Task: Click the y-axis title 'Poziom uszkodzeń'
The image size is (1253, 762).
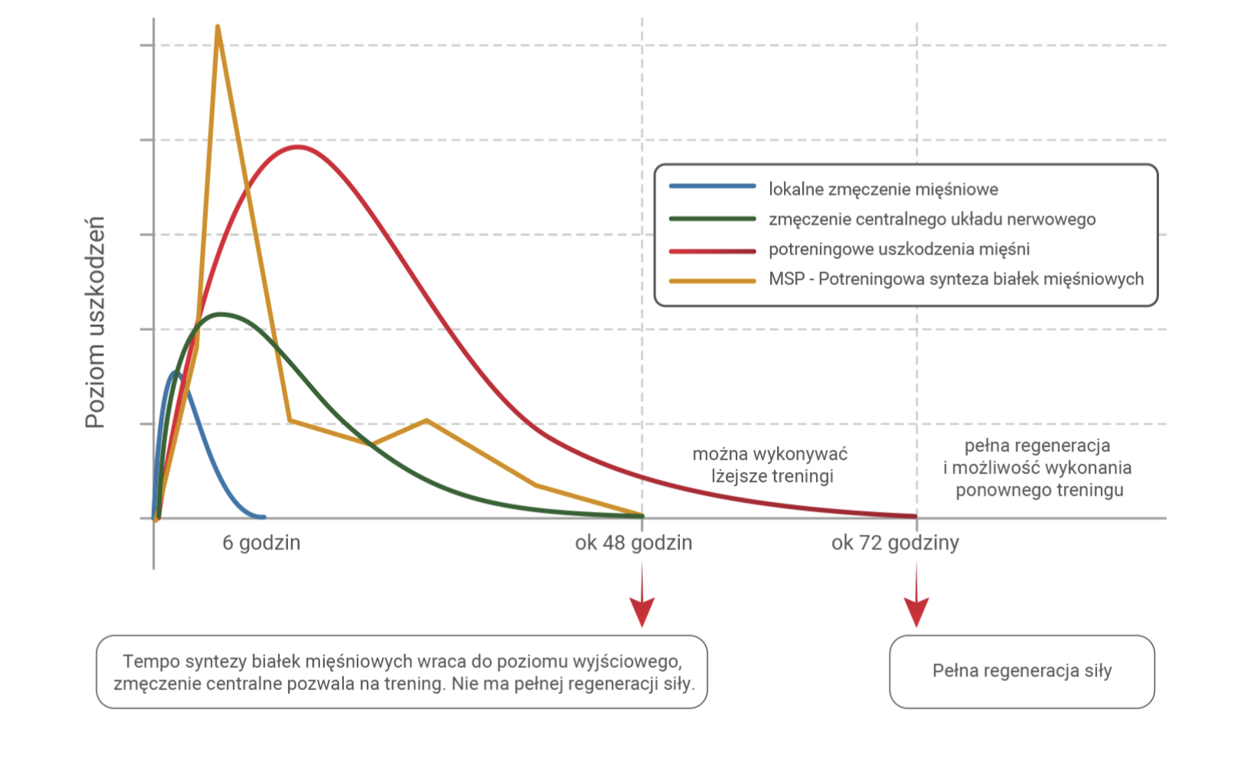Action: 95,322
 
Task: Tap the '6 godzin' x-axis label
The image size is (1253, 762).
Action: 261,543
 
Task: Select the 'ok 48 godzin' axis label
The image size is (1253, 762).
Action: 633,543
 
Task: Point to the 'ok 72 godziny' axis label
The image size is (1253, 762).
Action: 895,543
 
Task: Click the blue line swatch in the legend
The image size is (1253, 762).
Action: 712,186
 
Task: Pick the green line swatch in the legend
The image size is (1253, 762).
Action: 712,219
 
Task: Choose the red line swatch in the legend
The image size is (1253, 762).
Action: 712,250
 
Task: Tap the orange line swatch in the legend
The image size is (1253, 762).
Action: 712,280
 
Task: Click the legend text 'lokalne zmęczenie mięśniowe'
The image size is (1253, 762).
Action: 883,190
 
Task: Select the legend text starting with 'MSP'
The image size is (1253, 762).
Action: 956,279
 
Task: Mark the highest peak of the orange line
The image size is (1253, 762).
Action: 218,28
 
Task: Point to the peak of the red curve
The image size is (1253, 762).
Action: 296,147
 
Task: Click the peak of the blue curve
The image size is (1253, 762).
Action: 176,373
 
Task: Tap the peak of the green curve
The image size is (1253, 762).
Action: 222,314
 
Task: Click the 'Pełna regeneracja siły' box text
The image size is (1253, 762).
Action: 1022,671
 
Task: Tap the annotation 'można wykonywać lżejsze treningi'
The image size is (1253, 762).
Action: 771,465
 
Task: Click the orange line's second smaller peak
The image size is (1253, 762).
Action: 426,420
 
